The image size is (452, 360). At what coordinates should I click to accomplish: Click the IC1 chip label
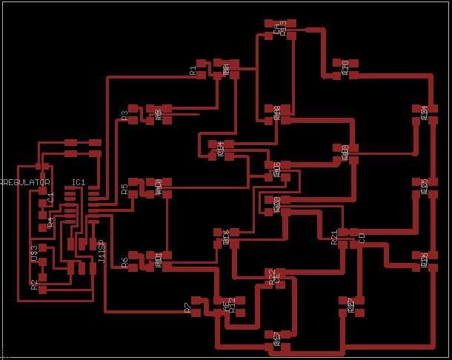coord(79,182)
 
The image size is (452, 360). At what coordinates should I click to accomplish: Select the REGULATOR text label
coord(24,182)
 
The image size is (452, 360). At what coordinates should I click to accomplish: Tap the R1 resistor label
coord(193,71)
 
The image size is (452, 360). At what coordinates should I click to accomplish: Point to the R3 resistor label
coord(124,115)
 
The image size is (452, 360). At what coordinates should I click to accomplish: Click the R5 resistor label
coord(124,190)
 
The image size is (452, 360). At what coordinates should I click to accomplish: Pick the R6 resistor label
coord(124,261)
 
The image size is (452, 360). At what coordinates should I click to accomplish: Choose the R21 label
coord(334,237)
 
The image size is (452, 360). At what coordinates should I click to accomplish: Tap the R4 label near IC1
coord(50,221)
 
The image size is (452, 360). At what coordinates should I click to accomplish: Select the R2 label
coord(34,284)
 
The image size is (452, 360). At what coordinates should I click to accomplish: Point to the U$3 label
coord(34,252)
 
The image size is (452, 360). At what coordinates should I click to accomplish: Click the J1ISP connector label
coord(102,252)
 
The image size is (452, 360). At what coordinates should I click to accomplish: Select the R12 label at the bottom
coord(232,307)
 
